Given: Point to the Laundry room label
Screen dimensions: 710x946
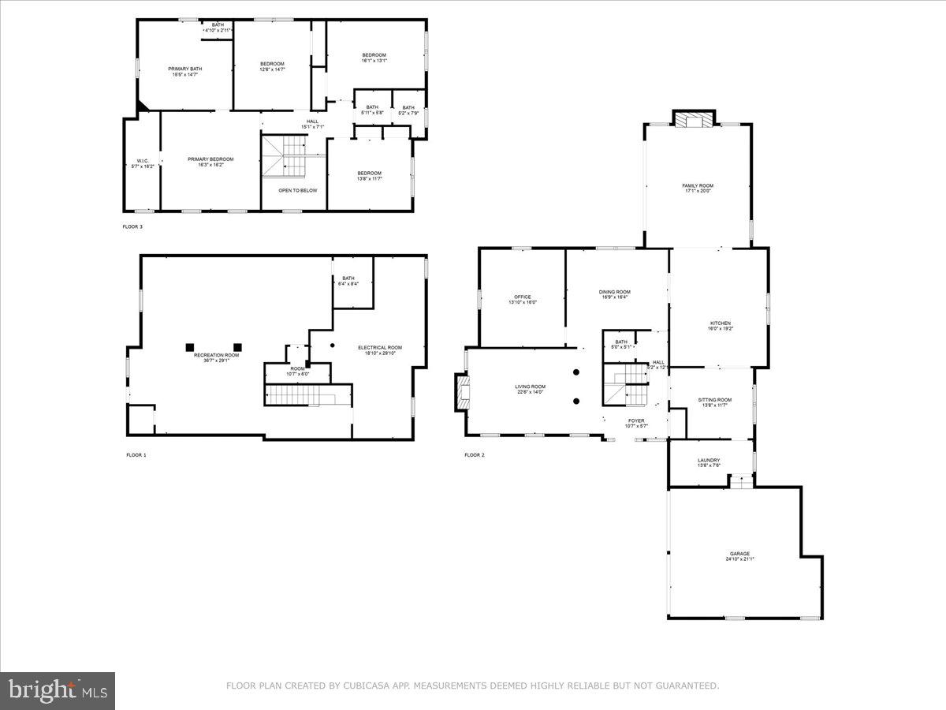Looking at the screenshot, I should [x=709, y=462].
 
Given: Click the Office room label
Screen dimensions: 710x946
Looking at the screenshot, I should [x=523, y=299].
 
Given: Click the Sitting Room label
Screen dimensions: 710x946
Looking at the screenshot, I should [x=715, y=402].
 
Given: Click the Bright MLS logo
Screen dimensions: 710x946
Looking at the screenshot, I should [x=58, y=691].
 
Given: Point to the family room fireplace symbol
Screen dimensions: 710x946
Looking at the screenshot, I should [x=694, y=119].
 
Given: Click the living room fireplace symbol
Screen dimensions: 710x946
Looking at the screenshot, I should [x=460, y=392].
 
